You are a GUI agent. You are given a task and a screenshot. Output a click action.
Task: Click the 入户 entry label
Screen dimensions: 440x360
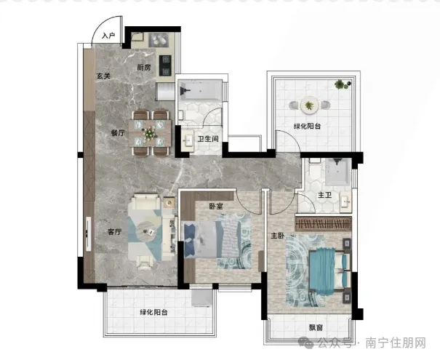(108, 36)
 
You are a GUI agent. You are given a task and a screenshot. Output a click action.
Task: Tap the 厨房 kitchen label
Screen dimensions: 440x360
(144, 68)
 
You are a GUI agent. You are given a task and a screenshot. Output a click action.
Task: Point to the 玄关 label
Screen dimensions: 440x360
(103, 76)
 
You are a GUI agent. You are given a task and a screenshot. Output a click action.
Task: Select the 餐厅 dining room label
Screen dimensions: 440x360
(118, 132)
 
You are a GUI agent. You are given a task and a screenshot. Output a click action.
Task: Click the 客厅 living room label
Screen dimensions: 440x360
(115, 232)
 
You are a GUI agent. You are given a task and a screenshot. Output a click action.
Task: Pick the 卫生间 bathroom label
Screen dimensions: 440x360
(208, 139)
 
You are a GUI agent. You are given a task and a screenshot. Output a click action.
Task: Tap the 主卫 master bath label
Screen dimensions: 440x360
(324, 195)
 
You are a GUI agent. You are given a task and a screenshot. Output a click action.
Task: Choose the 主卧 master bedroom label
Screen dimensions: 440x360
(278, 236)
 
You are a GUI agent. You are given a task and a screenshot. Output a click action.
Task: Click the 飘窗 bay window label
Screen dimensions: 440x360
(316, 327)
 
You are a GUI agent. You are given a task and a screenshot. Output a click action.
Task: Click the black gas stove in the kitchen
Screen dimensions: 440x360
(165, 65)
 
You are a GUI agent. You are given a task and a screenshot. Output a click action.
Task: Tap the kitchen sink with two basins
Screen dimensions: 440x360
(159, 40)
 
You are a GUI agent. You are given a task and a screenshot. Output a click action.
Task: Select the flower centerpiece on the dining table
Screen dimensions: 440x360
(150, 132)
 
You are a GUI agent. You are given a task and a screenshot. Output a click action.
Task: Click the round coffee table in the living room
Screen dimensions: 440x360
(148, 231)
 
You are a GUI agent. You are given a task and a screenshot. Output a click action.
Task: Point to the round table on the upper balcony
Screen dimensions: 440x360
(310, 105)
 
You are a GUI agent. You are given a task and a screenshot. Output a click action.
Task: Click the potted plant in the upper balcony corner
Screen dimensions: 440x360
(340, 84)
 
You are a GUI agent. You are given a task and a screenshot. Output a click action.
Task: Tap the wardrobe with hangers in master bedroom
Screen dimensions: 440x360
(323, 223)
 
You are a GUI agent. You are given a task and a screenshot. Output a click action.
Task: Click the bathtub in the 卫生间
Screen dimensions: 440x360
(200, 90)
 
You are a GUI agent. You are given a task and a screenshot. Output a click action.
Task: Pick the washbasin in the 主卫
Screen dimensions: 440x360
(345, 201)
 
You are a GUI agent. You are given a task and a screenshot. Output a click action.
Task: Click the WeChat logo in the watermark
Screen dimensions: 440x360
(306, 343)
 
